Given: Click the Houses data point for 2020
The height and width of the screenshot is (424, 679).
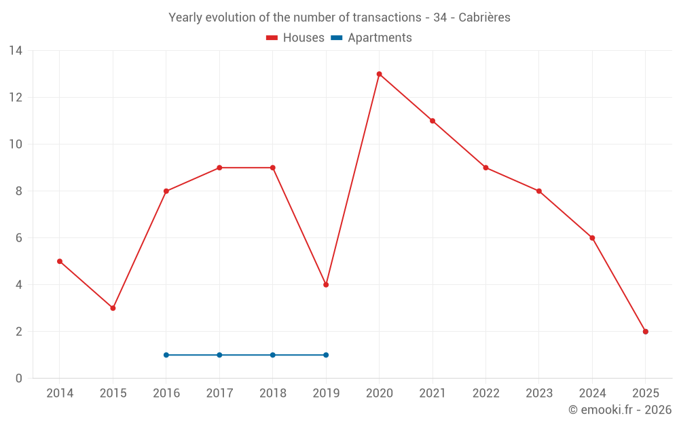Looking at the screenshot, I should coord(379,74).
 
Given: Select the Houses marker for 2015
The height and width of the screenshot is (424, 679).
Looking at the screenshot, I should coord(113,308).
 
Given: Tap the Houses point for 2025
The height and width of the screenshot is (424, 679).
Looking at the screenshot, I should coord(645,332).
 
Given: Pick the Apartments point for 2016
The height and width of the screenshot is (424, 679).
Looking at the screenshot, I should coord(166,355).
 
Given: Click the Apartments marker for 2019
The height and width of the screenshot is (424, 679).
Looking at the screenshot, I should coord(326,355).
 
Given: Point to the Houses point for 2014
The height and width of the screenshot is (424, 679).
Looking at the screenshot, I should coord(60,261).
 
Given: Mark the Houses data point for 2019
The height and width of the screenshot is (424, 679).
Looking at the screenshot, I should coord(326,285).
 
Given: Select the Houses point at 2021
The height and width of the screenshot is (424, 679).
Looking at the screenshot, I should coord(433,121).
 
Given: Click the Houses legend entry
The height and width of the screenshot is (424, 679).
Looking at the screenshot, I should coord(295,38).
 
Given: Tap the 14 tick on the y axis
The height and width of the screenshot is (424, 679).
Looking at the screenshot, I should coord(16,51).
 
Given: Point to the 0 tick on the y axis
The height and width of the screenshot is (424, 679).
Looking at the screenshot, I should coord(19,379).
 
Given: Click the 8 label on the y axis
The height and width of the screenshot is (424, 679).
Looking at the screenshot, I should coord(19,191).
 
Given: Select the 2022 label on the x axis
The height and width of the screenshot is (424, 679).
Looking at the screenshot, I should coord(485,393).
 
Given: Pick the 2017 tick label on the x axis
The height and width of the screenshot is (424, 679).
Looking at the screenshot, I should coord(219,393).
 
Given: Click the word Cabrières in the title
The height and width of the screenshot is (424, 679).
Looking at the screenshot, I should coord(484,18).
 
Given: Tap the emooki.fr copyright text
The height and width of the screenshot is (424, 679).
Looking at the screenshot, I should coord(619,410).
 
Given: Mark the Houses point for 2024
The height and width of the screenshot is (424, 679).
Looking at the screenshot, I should coord(592,238).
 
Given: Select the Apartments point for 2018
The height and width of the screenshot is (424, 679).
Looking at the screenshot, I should coord(273,355).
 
